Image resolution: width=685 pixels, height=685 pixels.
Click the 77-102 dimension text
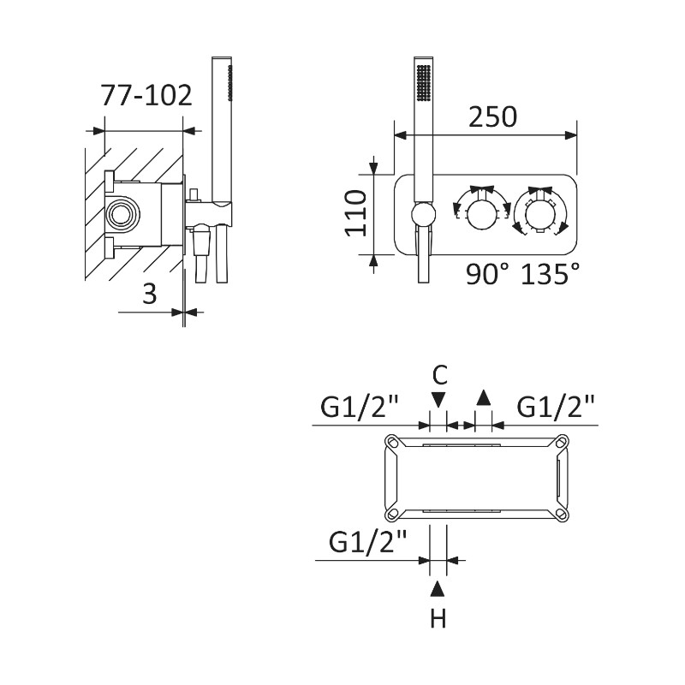(146, 95)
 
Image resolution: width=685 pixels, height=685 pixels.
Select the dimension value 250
(492, 116)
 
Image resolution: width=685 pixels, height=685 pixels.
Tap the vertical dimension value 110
(355, 213)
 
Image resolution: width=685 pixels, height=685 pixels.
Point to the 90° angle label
(487, 274)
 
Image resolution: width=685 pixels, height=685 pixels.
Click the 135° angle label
(551, 274)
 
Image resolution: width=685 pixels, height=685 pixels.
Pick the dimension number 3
(149, 294)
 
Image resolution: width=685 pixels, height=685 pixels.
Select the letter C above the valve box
(439, 375)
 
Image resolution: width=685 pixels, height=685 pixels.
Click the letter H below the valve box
(438, 618)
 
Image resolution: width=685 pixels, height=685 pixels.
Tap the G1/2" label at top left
(360, 407)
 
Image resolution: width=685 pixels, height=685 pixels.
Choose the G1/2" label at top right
(556, 407)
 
